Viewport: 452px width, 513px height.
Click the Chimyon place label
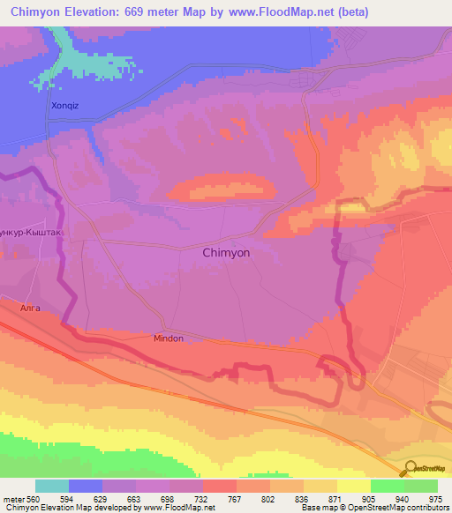pyautogui.click(x=226, y=252)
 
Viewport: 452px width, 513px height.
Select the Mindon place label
pyautogui.click(x=168, y=338)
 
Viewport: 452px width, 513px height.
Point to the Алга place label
pyautogui.click(x=30, y=308)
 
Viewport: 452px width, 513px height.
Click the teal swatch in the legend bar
pyautogui.click(x=52, y=486)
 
